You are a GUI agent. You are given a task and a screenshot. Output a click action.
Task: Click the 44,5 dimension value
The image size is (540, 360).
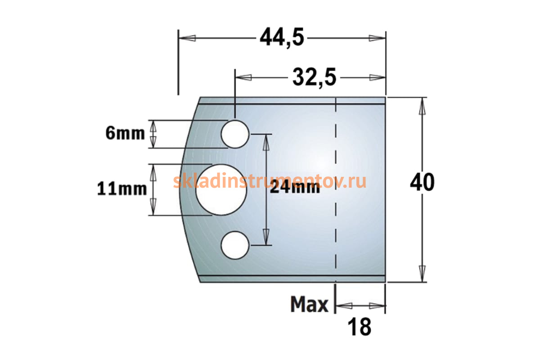[282, 38]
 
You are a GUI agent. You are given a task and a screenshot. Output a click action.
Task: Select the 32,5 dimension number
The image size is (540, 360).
[314, 77]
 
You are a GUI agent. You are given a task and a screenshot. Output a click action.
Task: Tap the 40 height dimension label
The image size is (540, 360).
[422, 182]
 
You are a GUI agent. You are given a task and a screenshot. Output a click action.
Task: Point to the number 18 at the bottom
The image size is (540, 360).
[359, 327]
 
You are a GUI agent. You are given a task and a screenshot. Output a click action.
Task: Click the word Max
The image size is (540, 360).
[309, 304]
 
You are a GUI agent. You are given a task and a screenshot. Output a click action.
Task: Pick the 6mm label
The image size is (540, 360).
[125, 133]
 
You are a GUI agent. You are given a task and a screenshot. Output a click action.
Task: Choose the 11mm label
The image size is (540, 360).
[122, 189]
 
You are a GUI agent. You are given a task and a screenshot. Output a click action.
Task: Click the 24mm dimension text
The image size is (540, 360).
[295, 187]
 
